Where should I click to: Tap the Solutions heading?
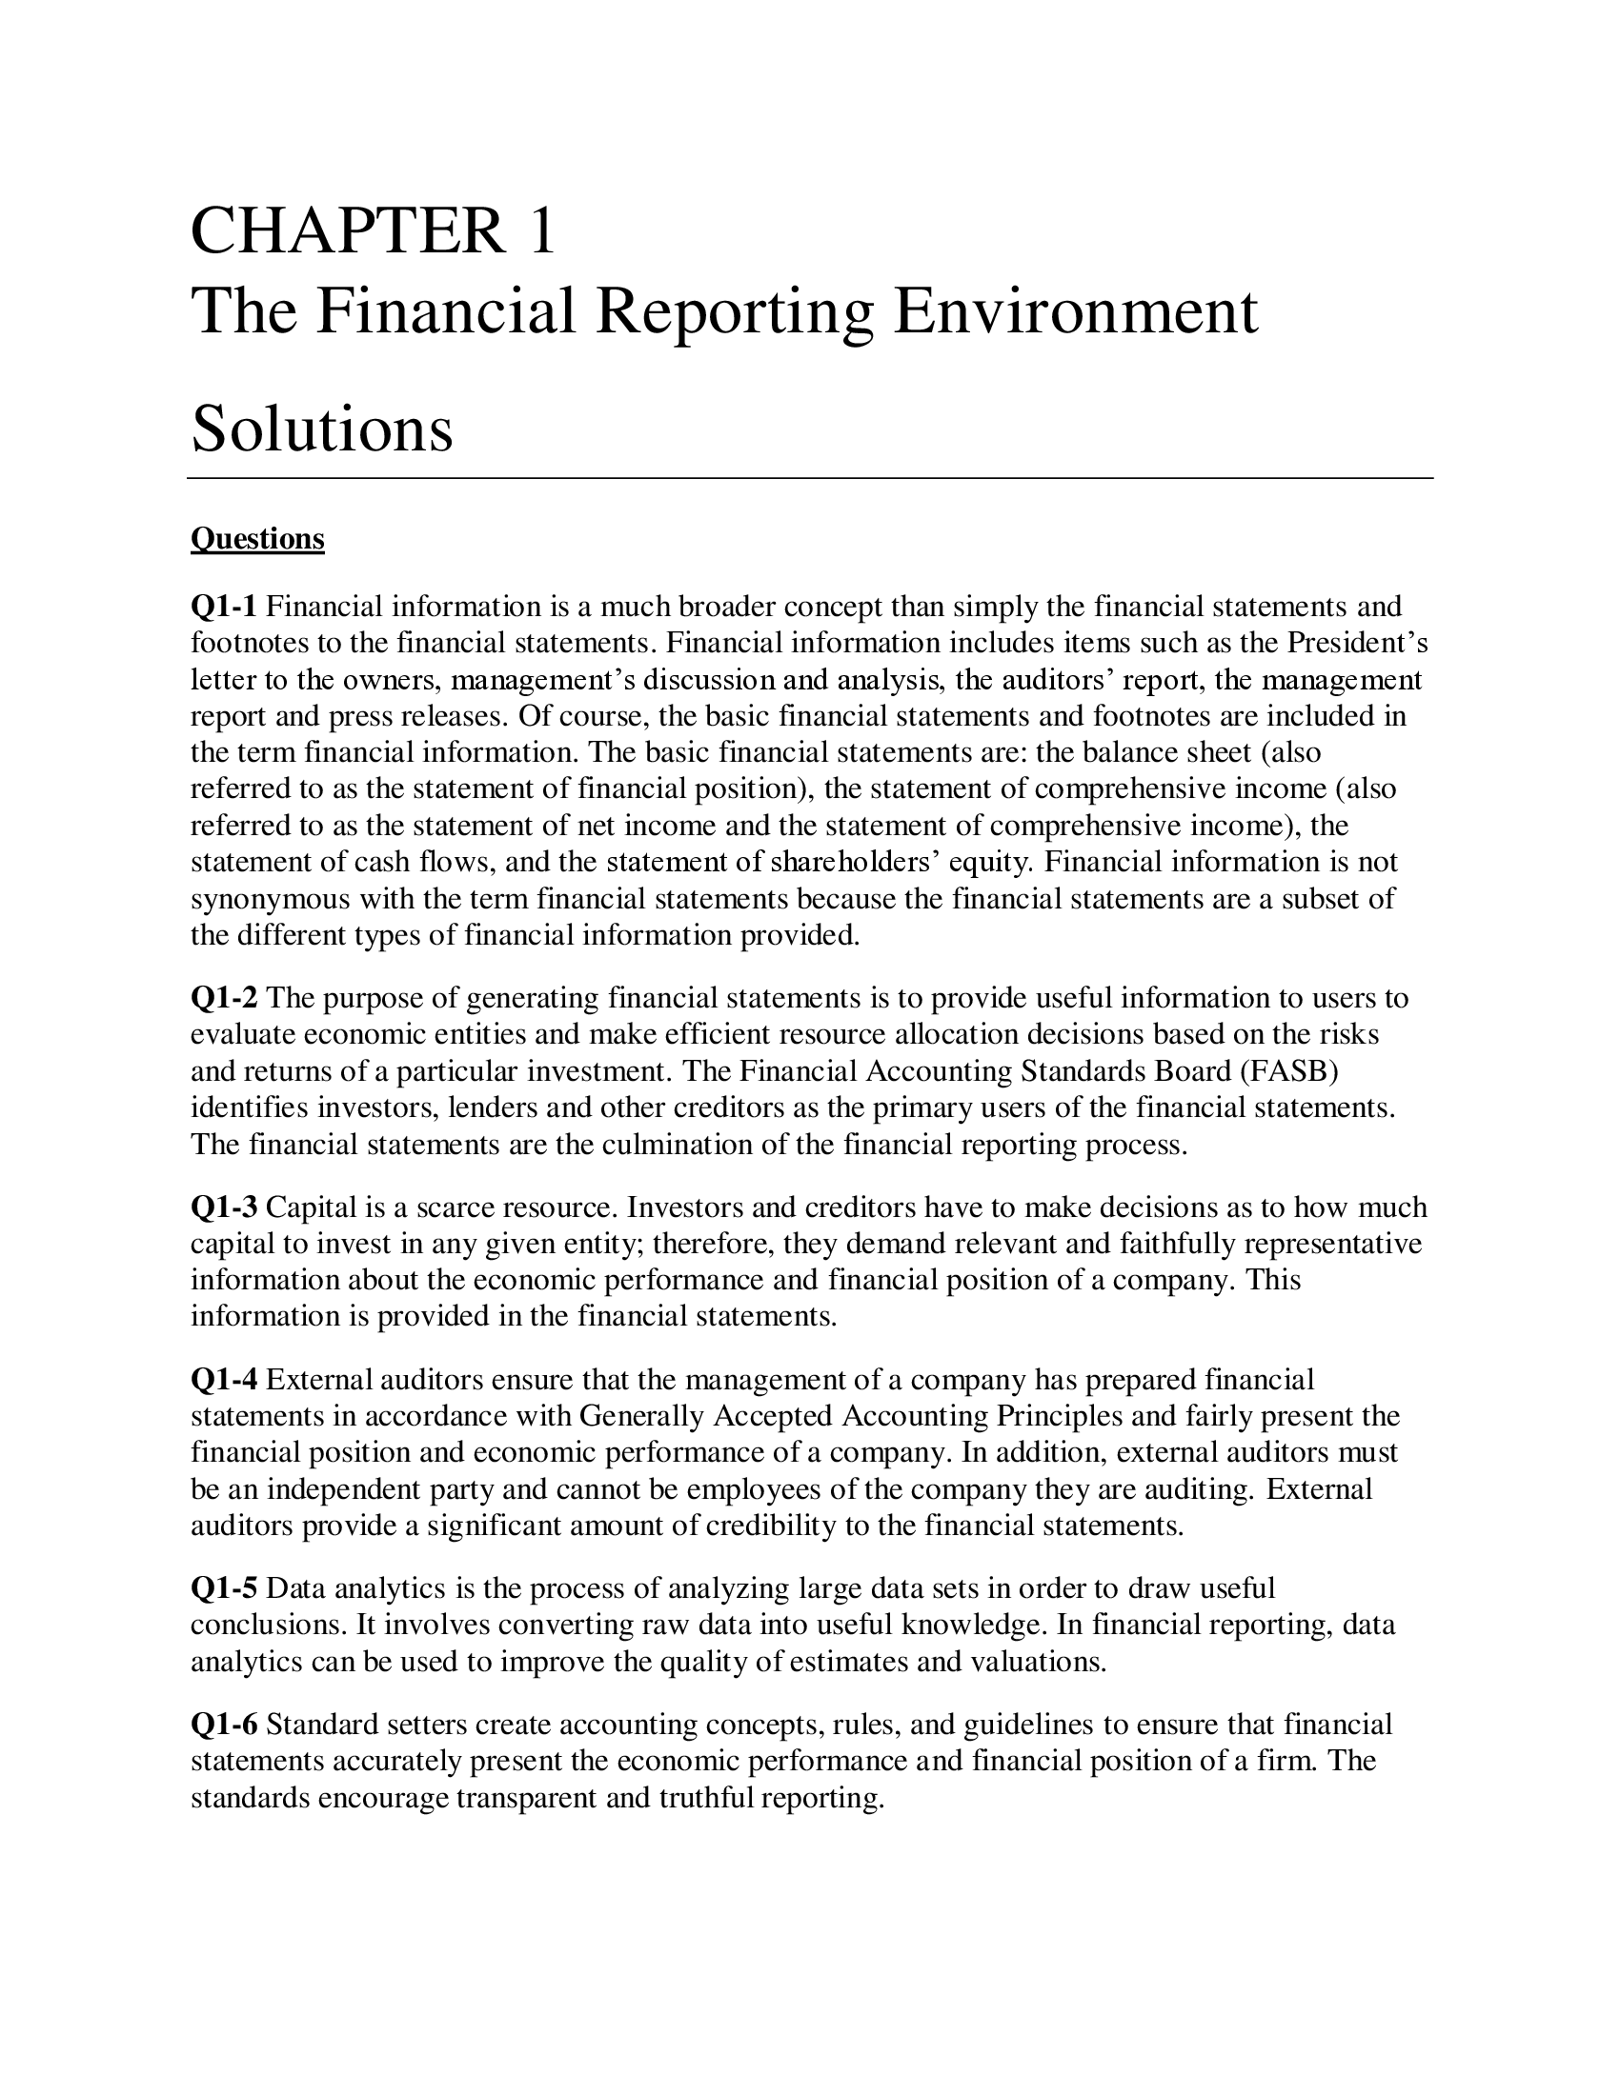[321, 429]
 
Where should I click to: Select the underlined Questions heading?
[257, 539]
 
